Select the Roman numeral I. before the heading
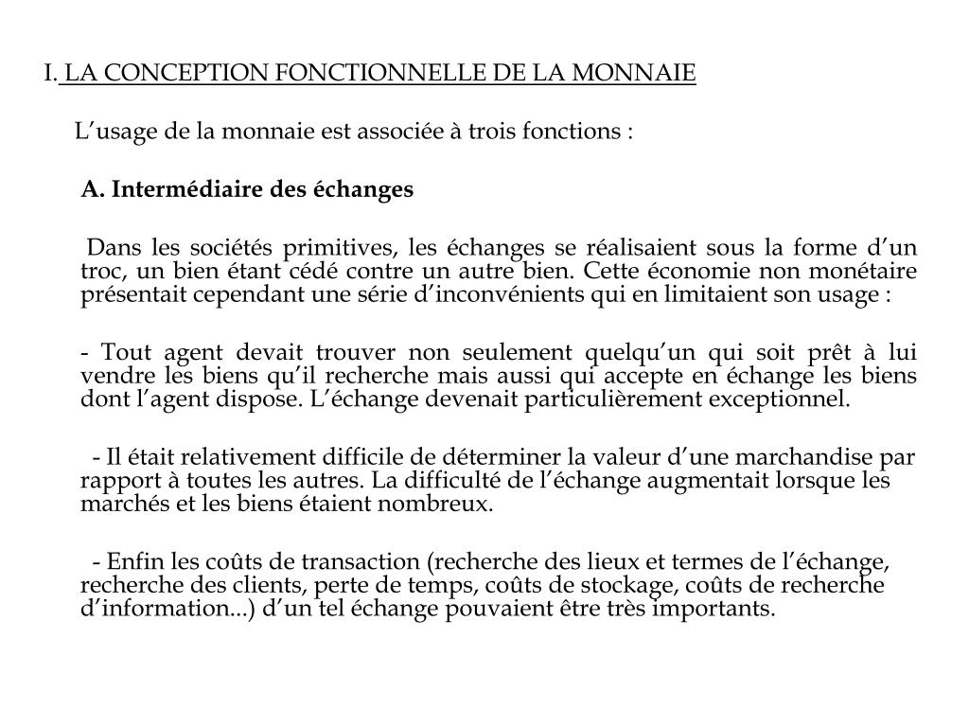(x=50, y=73)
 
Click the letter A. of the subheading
(x=92, y=189)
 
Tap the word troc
(x=99, y=272)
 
